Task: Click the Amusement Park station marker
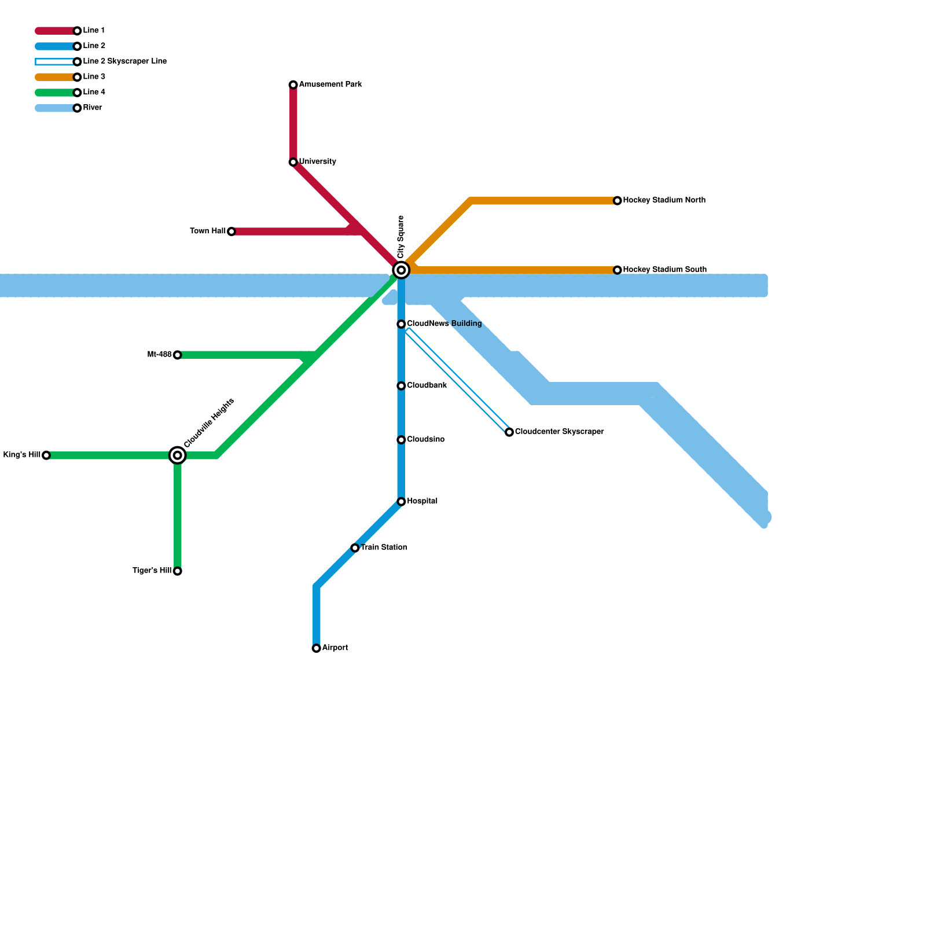tap(293, 85)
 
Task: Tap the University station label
tap(317, 162)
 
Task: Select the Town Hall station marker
tap(231, 231)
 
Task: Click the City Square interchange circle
tap(401, 270)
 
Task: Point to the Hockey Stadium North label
tap(664, 200)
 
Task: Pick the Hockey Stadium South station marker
tap(618, 270)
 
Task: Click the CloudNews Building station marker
tap(401, 324)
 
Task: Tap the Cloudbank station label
tap(427, 385)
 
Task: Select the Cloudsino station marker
tap(401, 440)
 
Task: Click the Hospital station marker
tap(401, 501)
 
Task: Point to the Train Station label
tap(384, 547)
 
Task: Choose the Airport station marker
tap(317, 648)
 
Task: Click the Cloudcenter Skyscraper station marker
tap(509, 432)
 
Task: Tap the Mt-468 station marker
tap(178, 355)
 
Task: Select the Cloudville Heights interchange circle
tap(178, 455)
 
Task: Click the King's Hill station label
tap(22, 455)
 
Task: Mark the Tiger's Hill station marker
tap(178, 571)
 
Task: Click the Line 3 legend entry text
tap(94, 77)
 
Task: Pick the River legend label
tap(93, 108)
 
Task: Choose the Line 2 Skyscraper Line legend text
tap(124, 61)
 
